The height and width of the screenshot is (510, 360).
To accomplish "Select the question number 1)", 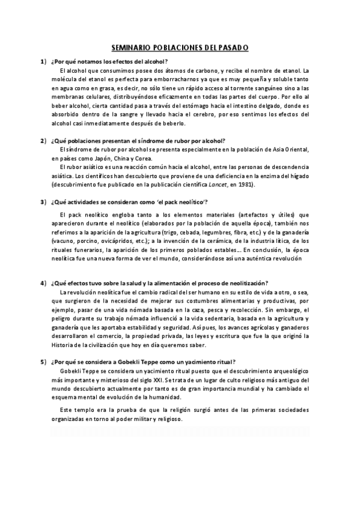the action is pos(43,61).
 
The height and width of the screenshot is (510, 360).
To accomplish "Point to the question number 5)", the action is pos(43,362).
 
